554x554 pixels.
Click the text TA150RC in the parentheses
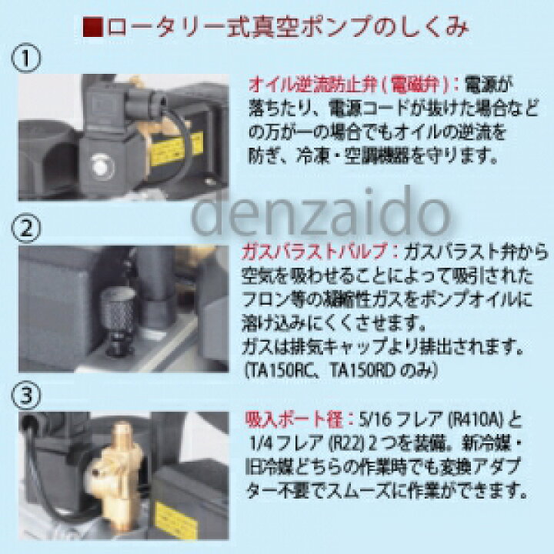pos(280,369)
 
